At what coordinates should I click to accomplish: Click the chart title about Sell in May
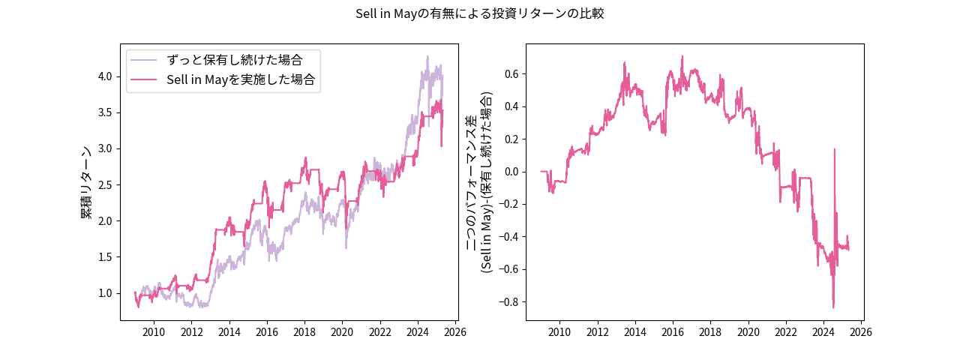(x=480, y=13)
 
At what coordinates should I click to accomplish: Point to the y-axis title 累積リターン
(x=87, y=182)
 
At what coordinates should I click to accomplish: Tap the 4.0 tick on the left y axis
(x=105, y=76)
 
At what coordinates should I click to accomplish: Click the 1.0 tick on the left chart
(x=105, y=293)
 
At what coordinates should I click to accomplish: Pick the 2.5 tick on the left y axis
(x=105, y=184)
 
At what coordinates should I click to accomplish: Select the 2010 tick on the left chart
(x=154, y=331)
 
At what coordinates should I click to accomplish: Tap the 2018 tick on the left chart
(x=304, y=331)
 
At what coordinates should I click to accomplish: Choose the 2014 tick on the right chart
(x=635, y=331)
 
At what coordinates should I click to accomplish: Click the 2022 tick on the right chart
(x=786, y=331)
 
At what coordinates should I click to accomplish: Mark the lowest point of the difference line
(x=833, y=307)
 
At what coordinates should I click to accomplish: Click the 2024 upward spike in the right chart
(x=835, y=149)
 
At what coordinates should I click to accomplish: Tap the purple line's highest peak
(x=427, y=55)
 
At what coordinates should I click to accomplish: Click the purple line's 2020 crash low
(x=346, y=248)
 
